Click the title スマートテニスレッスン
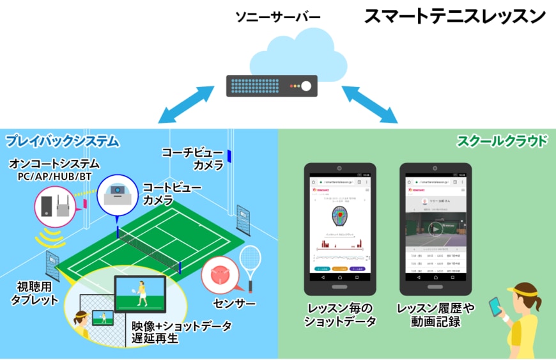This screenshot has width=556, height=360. pyautogui.click(x=454, y=17)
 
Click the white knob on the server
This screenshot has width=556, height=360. pyautogui.click(x=306, y=86)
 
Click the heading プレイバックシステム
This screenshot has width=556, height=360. pyautogui.click(x=62, y=140)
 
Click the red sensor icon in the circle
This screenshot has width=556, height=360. pyautogui.click(x=219, y=272)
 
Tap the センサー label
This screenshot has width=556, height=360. pyautogui.click(x=236, y=302)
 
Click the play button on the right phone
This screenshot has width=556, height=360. pyautogui.click(x=435, y=229)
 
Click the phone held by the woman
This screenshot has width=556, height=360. pyautogui.click(x=496, y=305)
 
